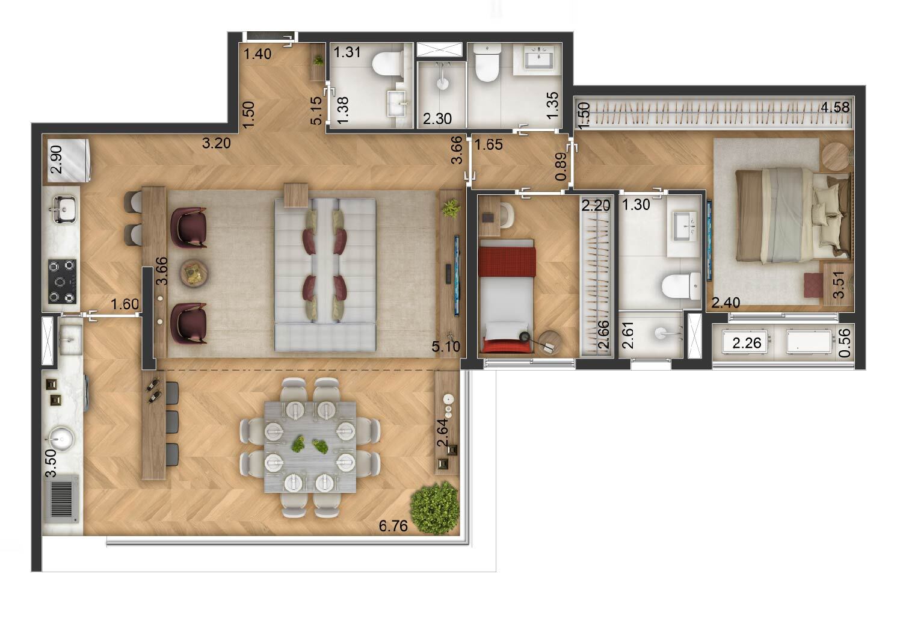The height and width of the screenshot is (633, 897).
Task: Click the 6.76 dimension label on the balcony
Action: point(393,526)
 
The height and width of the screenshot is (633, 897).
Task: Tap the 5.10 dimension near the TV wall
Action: point(446,347)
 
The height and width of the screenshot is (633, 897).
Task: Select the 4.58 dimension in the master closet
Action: point(835,108)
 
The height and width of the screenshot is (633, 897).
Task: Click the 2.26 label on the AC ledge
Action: point(747,344)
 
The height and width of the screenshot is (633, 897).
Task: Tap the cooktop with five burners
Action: point(62,280)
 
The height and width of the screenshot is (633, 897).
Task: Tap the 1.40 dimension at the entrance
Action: point(257,54)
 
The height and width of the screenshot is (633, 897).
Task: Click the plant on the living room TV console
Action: point(450,209)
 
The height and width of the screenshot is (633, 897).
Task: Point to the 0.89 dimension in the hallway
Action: point(561,167)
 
